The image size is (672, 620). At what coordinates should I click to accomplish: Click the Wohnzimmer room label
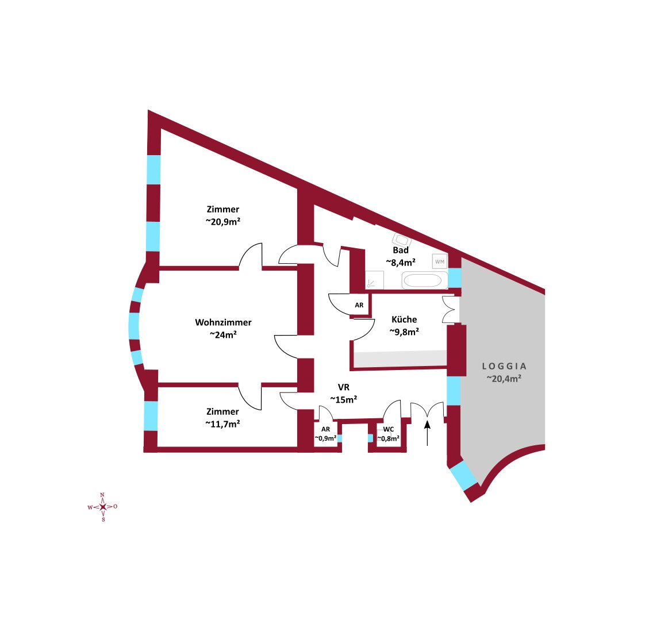[x=223, y=322]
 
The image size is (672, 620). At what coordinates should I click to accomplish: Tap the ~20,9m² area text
[x=222, y=222]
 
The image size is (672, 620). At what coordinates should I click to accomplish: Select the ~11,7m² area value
[x=222, y=424]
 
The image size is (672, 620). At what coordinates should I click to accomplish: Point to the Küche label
[x=404, y=319]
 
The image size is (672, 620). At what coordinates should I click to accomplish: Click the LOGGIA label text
[x=504, y=366]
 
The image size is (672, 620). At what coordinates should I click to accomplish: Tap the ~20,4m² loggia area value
[x=504, y=379]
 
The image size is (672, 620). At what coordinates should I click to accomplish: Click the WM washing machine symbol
[x=440, y=262]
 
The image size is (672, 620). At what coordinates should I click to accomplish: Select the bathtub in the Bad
[x=424, y=281]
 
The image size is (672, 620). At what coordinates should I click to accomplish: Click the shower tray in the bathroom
[x=374, y=280]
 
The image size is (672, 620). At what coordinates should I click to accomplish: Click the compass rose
[x=103, y=507]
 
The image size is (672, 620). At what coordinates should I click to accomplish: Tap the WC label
[x=389, y=429]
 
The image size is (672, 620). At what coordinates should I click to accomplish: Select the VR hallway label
[x=344, y=388]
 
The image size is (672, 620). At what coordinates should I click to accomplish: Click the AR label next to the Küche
[x=359, y=305]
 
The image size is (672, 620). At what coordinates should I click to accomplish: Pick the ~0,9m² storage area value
[x=325, y=438]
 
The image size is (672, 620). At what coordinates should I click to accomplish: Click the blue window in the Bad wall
[x=454, y=278]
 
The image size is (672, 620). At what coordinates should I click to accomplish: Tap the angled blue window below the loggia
[x=463, y=476]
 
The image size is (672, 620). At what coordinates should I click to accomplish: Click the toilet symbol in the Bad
[x=401, y=240]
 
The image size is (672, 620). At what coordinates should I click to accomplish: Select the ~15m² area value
[x=344, y=400]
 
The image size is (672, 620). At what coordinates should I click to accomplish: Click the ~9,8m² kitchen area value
[x=404, y=332]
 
